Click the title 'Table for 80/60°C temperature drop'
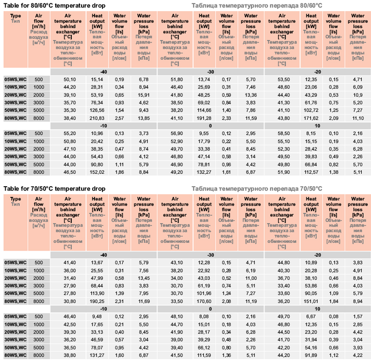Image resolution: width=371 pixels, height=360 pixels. click(x=54, y=5)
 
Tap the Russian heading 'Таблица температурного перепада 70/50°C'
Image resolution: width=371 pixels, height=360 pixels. click(x=257, y=189)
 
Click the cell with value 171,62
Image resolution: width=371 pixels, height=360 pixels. click(x=311, y=119)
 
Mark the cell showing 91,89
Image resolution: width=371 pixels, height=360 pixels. click(x=311, y=355)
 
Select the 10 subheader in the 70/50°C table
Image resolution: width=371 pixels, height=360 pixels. click(x=318, y=309)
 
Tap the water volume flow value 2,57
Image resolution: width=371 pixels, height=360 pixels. click(x=119, y=119)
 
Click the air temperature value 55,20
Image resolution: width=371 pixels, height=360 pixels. click(x=63, y=133)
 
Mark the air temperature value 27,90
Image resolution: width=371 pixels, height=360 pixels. click(x=63, y=285)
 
